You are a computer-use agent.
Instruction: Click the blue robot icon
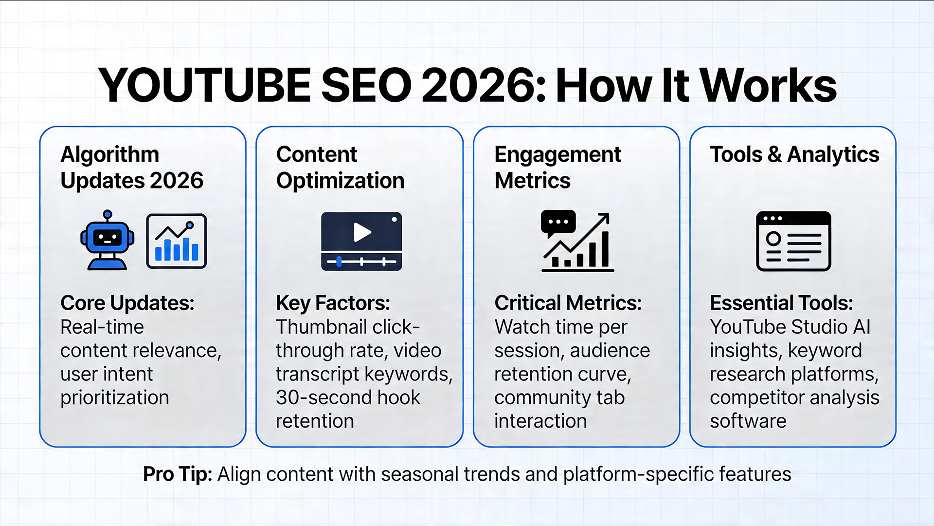[x=108, y=240]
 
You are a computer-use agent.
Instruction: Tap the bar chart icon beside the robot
[x=176, y=241]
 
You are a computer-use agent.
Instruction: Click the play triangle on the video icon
[x=361, y=232]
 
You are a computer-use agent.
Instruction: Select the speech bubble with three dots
[x=558, y=223]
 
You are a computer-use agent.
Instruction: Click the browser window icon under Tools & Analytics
[x=793, y=241]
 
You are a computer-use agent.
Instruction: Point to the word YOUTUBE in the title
[x=204, y=86]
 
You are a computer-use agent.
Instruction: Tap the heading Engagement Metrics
[x=557, y=167]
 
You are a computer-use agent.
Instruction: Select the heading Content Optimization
[x=340, y=167]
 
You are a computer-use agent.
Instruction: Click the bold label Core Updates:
[x=127, y=303]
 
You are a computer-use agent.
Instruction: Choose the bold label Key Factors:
[x=333, y=303]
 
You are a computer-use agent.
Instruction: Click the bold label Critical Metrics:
[x=568, y=303]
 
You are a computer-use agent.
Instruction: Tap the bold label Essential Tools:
[x=781, y=303]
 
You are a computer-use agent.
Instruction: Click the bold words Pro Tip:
[x=177, y=474]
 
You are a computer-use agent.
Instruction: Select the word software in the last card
[x=748, y=421]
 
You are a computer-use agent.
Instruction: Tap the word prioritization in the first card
[x=114, y=397]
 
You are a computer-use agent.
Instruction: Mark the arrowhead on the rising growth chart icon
[x=605, y=218]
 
